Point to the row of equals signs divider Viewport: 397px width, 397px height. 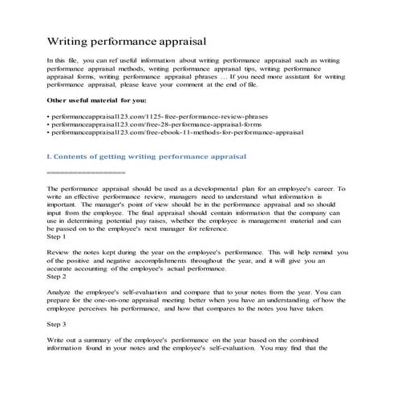(86, 172)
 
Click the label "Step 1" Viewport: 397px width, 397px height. (59, 237)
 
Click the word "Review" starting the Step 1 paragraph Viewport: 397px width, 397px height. (60, 251)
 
